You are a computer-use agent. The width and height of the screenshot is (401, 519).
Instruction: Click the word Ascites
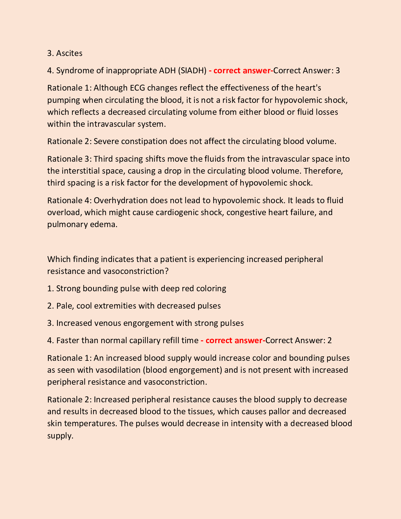click(x=69, y=53)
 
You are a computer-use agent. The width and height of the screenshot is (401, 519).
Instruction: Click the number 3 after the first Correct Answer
click(x=337, y=70)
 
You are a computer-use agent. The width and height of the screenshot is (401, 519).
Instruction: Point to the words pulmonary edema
click(x=82, y=224)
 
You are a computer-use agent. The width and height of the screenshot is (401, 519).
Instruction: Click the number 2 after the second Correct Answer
click(x=329, y=340)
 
